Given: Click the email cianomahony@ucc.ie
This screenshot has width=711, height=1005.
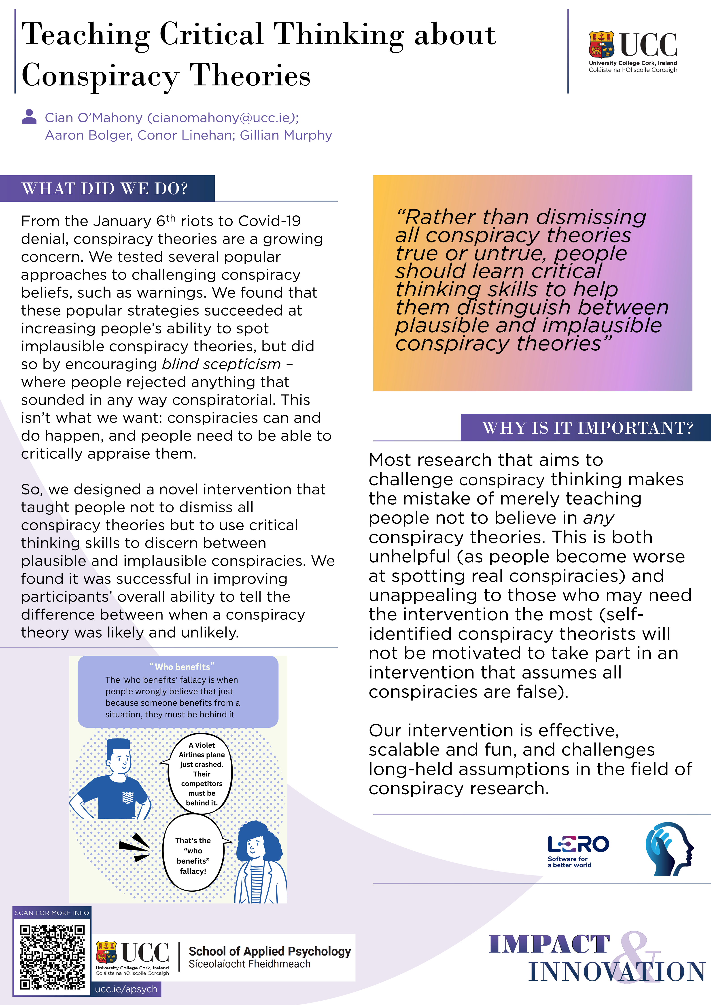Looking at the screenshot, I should (x=222, y=118).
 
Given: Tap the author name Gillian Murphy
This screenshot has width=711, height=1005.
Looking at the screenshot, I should (x=286, y=135).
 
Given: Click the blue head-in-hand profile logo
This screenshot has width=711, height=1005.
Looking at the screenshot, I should (x=669, y=849).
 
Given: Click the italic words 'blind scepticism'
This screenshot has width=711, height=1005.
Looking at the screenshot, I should (x=221, y=364).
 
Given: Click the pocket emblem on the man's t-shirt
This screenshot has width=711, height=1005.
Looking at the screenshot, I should (x=128, y=797).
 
